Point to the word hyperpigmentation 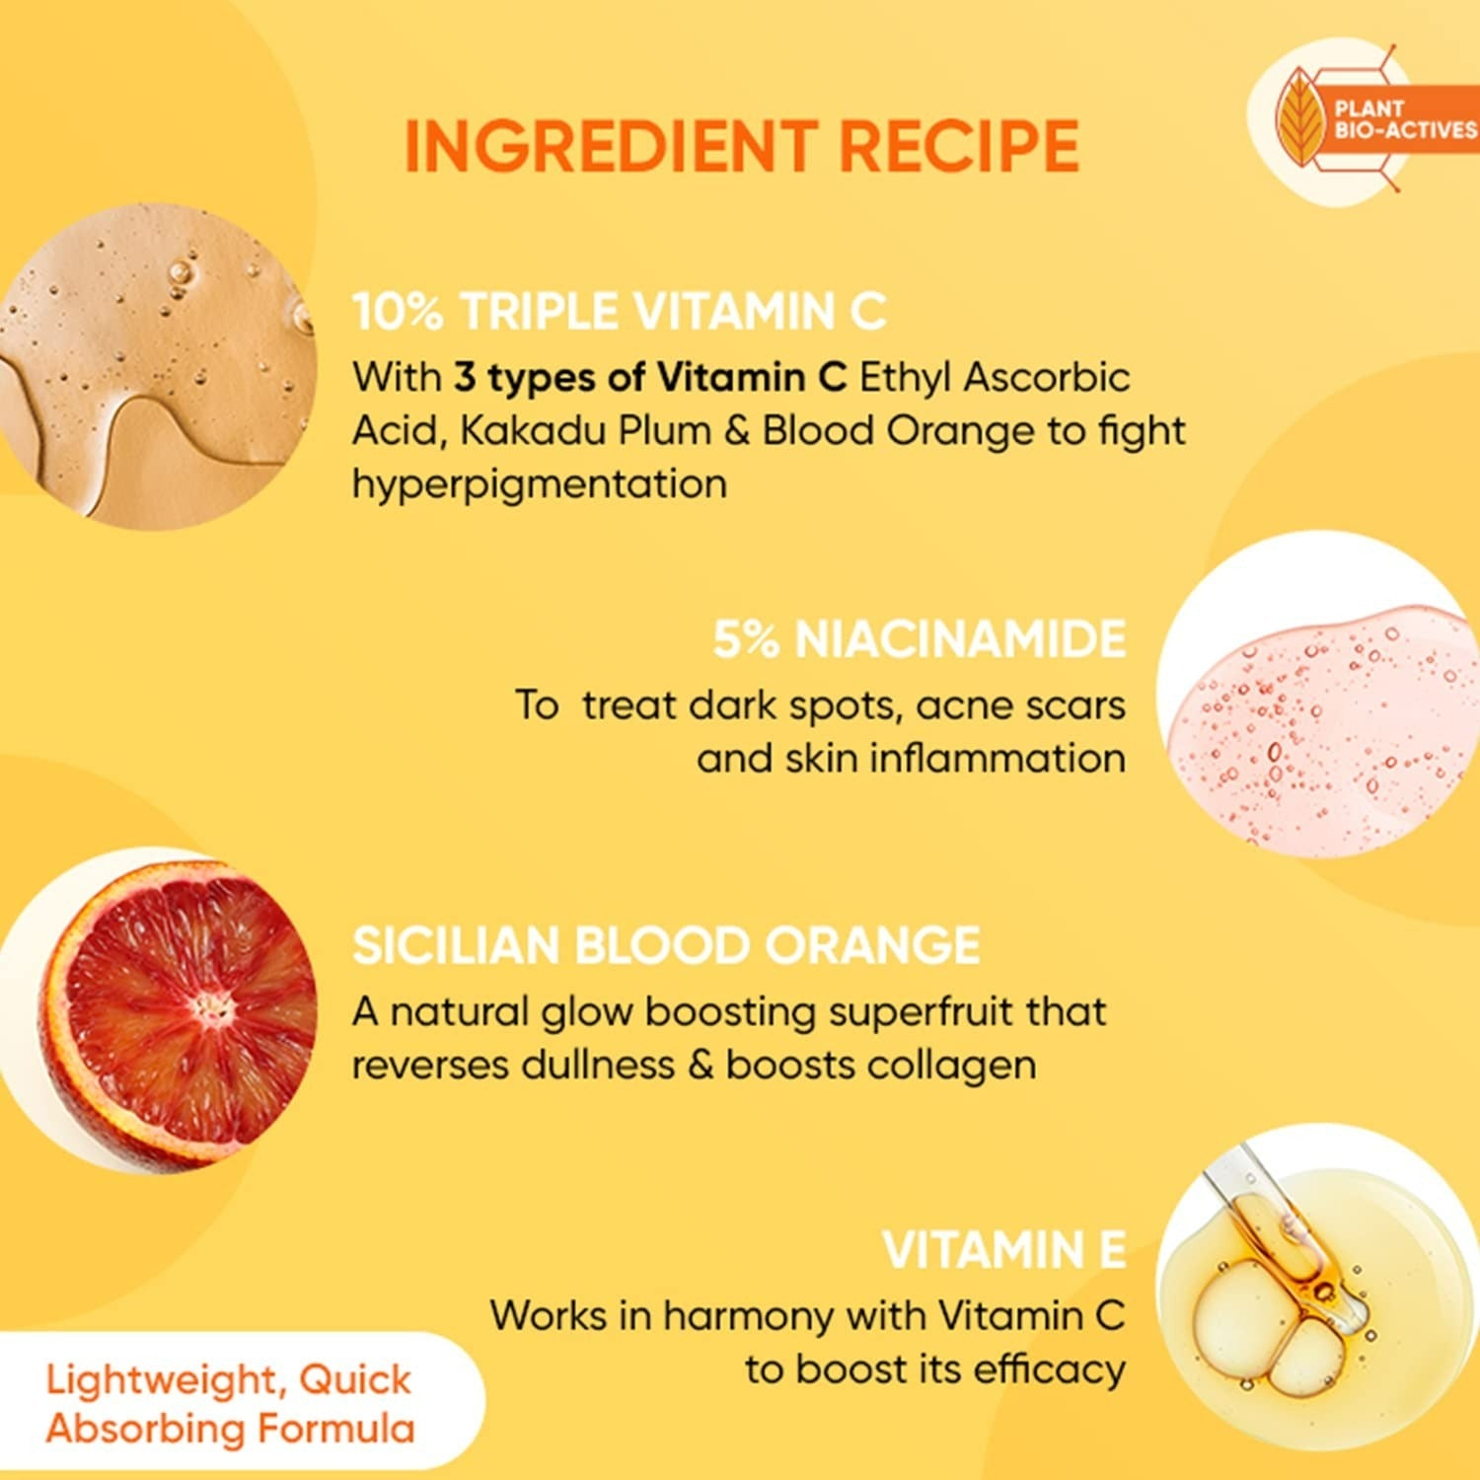540,484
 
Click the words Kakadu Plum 585,431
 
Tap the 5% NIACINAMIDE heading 919,639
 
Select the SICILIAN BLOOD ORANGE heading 666,945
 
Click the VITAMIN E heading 1003,1250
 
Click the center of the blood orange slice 210,1007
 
